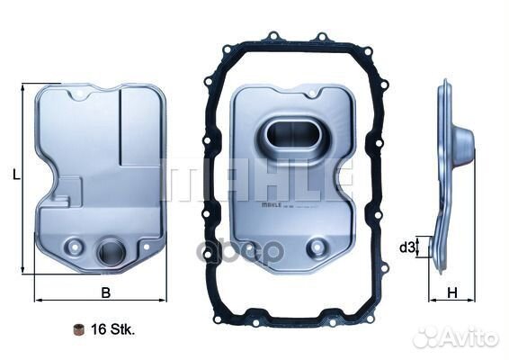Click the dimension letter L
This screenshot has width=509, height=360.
click(x=16, y=175)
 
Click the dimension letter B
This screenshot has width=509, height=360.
click(x=104, y=292)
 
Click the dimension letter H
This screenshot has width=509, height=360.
click(x=453, y=292)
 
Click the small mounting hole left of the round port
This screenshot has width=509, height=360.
click(x=76, y=243)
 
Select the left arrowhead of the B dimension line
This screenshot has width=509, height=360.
click(x=38, y=299)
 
